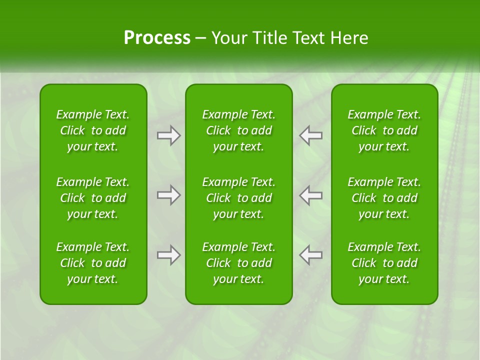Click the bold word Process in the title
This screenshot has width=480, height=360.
point(157,38)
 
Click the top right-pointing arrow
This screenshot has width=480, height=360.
point(168,135)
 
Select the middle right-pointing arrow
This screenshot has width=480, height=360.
point(168,195)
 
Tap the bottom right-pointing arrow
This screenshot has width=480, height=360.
point(168,255)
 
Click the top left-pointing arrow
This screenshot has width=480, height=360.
point(311,135)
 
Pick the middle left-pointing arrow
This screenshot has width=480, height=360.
point(311,195)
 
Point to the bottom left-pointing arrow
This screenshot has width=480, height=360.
point(311,255)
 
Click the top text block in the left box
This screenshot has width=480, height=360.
point(93,130)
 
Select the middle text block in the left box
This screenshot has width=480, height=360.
point(93,198)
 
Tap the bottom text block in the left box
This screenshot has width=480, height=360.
point(93,263)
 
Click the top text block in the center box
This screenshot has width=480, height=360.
point(239,130)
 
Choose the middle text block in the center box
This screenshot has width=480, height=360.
point(239,198)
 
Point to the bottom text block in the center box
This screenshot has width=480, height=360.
point(239,263)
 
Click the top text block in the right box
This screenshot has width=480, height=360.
point(384,130)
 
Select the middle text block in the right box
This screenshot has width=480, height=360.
point(384,198)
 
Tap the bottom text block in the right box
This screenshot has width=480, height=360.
point(384,263)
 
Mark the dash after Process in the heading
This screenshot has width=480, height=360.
point(201,38)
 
